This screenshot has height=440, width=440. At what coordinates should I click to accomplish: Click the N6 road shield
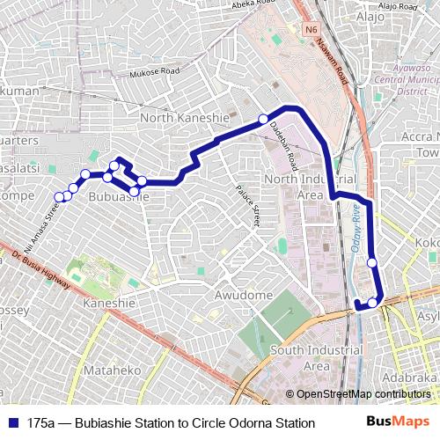click(311, 29)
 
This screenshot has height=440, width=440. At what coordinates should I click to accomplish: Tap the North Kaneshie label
click(185, 118)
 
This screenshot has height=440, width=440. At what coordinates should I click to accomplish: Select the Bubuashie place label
click(119, 198)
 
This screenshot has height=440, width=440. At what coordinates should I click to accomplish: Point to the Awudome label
click(244, 296)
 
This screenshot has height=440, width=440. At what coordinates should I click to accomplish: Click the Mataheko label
click(112, 370)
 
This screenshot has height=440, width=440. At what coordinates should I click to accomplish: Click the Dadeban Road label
click(283, 146)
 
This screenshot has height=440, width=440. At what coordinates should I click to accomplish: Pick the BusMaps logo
click(405, 423)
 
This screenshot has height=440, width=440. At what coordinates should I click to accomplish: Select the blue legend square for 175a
click(12, 423)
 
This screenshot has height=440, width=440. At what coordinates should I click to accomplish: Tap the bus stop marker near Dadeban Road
click(262, 119)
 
